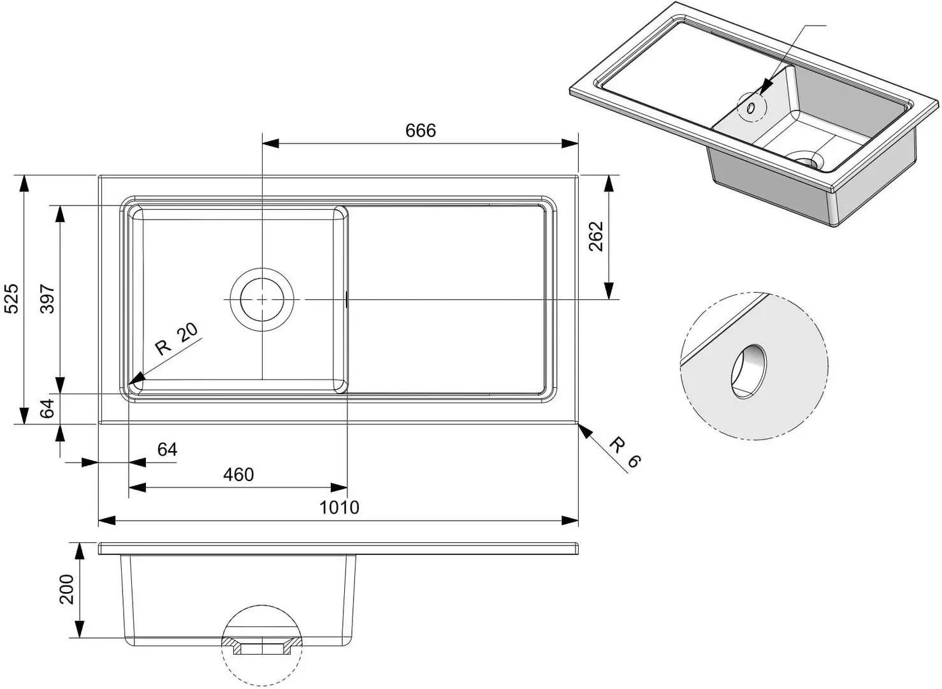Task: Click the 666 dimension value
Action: [421, 131]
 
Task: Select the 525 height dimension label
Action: [12, 299]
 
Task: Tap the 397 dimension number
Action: [48, 299]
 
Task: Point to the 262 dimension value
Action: [595, 236]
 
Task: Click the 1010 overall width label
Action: [339, 508]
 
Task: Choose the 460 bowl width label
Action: [238, 475]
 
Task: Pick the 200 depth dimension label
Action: [67, 589]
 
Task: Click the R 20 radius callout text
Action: [177, 339]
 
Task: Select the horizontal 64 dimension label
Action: [167, 450]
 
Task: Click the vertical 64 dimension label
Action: [48, 408]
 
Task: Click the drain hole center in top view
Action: [262, 299]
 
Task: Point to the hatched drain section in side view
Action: [262, 645]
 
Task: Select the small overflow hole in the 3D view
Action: [751, 109]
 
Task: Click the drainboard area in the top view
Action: [446, 300]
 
